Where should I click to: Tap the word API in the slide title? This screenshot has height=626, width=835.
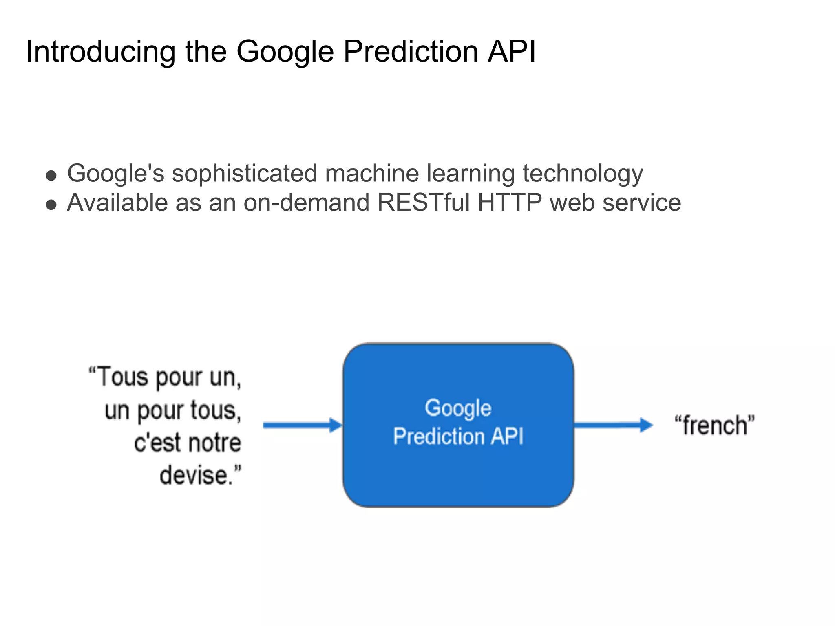(x=512, y=52)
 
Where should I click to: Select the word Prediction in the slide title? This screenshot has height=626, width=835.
(x=411, y=52)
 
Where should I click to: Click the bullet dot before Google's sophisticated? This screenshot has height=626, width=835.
(x=51, y=176)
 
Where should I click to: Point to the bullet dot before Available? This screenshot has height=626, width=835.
(x=51, y=205)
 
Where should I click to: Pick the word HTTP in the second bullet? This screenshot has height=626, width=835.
(x=510, y=203)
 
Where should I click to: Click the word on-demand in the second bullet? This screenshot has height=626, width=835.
(x=307, y=203)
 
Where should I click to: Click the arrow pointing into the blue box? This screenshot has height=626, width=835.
(x=302, y=425)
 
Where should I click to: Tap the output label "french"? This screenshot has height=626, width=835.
(x=715, y=425)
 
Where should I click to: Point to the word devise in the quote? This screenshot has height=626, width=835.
(x=196, y=475)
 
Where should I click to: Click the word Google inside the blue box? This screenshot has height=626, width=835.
(x=458, y=408)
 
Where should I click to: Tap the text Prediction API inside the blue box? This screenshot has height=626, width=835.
(x=458, y=436)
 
